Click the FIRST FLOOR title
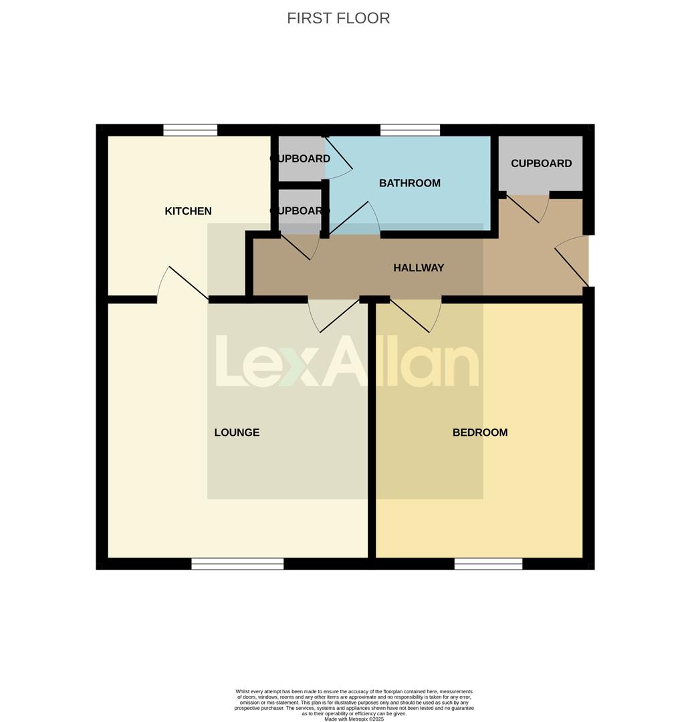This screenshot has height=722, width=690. [x=338, y=18]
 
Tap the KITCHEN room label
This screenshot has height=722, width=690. [x=188, y=211]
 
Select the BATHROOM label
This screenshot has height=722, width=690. [x=409, y=183]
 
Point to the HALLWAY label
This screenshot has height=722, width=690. [x=419, y=268]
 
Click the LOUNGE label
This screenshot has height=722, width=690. [x=237, y=433]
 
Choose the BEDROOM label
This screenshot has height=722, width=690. [x=480, y=433]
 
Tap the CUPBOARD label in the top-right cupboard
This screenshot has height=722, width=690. [x=541, y=163]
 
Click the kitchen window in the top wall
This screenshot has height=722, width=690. [x=191, y=130]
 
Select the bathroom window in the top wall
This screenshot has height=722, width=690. [x=410, y=130]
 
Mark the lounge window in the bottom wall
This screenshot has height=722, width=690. [x=237, y=564]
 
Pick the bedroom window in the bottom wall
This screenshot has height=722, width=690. [x=488, y=564]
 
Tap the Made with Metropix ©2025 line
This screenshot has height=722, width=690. [x=354, y=719]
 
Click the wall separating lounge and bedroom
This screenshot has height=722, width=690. [x=372, y=435]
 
